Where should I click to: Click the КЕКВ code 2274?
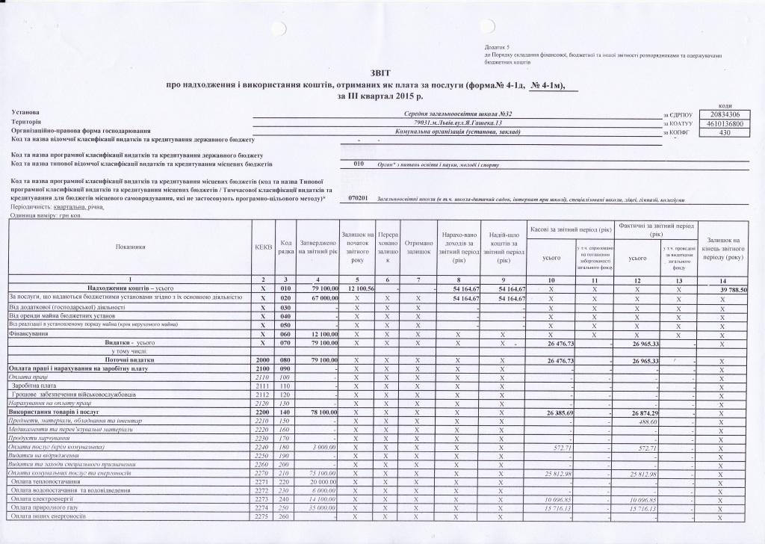[x=262, y=508]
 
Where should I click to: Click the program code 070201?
[x=359, y=199]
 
